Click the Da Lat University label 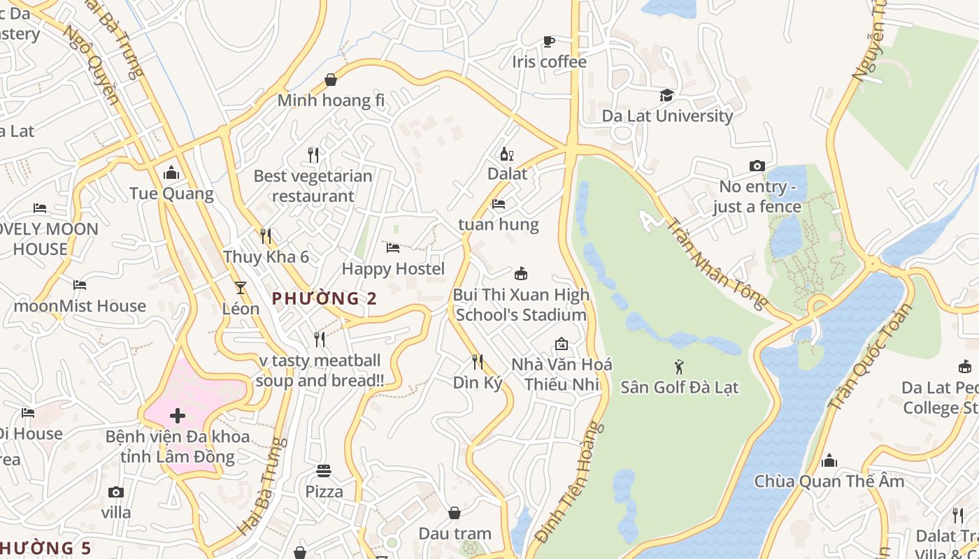[x=667, y=115]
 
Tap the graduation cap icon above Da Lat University [x=666, y=95]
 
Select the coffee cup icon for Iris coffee [x=549, y=41]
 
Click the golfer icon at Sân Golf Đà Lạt [x=678, y=366]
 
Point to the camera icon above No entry [x=757, y=166]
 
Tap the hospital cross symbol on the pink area [x=178, y=416]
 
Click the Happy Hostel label [x=393, y=268]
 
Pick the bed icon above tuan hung [x=499, y=204]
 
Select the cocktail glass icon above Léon [x=241, y=287]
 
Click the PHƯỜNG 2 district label [x=324, y=298]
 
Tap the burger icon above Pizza [x=324, y=470]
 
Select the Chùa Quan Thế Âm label [x=829, y=481]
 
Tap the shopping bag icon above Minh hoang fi [x=331, y=80]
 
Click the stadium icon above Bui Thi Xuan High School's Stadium [x=520, y=273]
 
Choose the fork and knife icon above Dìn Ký [x=478, y=362]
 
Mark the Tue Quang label [x=171, y=193]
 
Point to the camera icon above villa [x=116, y=492]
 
